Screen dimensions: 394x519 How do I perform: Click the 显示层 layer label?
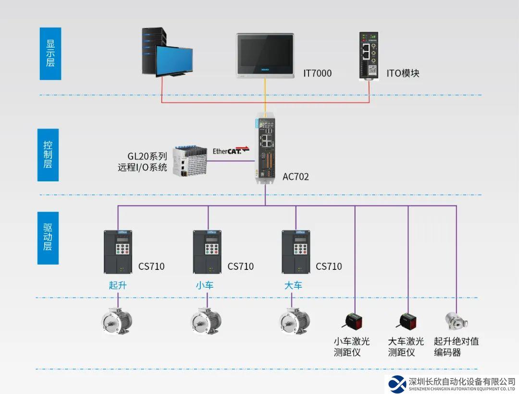(50, 53)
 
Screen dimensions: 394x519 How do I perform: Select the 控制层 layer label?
(48, 154)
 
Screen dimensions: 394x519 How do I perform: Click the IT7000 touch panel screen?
(265, 55)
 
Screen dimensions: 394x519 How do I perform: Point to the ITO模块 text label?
(403, 74)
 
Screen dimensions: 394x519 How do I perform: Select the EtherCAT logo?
(231, 151)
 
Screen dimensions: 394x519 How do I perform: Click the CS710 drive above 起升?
(118, 251)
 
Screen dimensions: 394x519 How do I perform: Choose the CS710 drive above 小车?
(207, 251)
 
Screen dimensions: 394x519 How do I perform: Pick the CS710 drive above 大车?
(296, 251)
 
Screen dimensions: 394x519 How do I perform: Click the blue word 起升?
(118, 285)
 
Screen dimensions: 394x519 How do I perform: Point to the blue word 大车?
(293, 285)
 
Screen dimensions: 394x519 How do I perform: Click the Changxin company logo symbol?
(397, 383)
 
